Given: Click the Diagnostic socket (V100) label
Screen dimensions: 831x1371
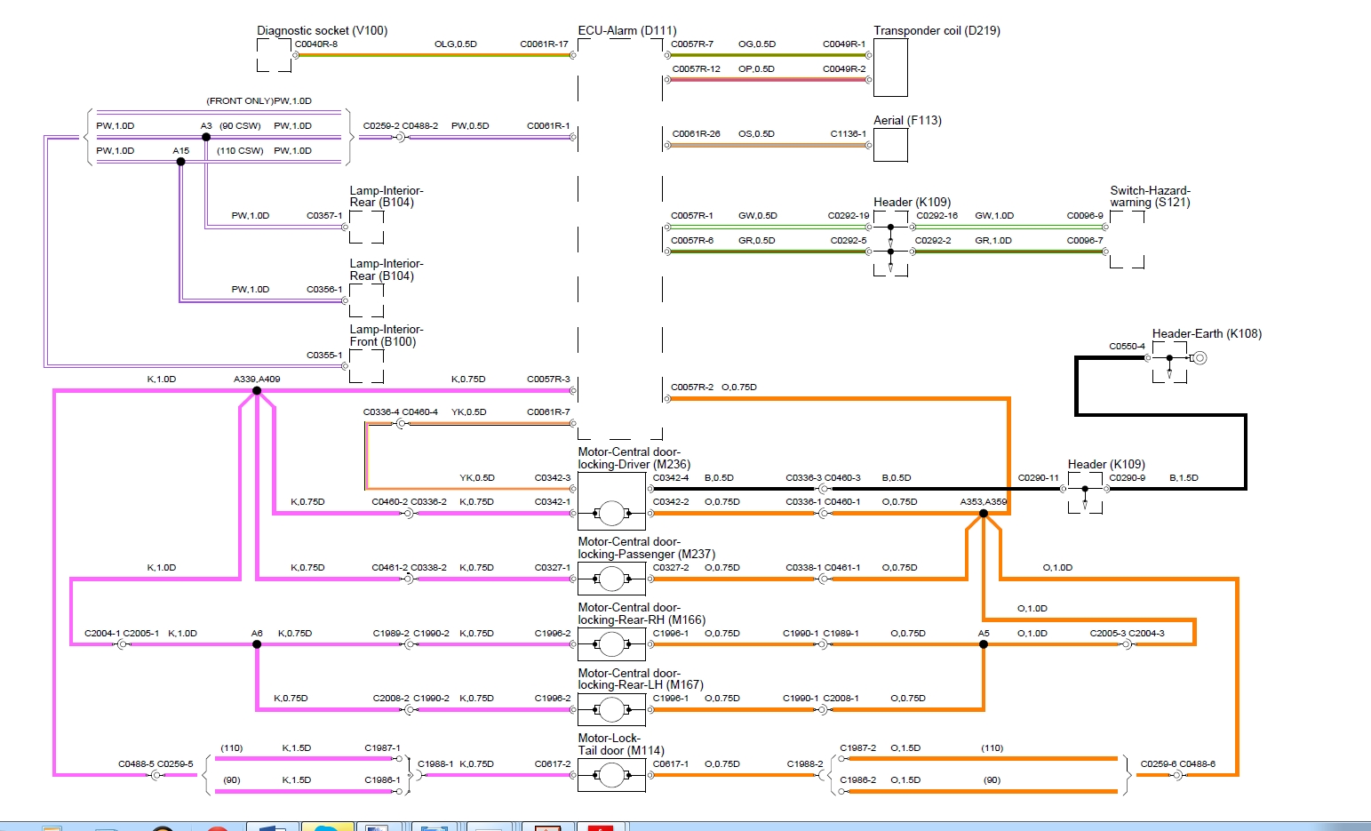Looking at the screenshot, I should pos(322,30).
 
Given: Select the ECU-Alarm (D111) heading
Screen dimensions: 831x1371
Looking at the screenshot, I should pos(626,30).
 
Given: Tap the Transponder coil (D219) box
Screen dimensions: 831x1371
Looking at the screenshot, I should pos(890,67).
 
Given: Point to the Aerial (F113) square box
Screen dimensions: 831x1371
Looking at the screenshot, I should pos(890,145).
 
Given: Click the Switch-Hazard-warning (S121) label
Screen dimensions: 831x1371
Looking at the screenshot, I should pos(1150,196).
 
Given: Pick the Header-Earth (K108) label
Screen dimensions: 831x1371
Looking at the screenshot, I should pos(1207,333).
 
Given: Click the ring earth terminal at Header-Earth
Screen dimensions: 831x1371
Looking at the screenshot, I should pos(1200,358).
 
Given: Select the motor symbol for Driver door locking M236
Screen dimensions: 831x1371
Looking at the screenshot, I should pos(611,513).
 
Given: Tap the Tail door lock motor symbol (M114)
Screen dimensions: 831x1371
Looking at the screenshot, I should pos(611,775).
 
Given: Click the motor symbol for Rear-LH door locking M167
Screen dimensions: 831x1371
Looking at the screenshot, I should pos(611,709).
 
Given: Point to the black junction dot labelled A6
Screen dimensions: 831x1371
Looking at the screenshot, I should pos(257,644).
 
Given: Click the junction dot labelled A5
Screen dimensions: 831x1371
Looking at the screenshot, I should pos(984,644).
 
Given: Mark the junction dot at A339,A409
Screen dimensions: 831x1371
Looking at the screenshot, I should pos(257,390).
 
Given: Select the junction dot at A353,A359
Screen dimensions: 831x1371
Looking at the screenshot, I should pos(984,513).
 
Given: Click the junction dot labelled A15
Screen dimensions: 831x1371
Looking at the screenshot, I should pos(181,162).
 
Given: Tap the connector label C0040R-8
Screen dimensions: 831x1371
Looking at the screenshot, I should pos(316,44).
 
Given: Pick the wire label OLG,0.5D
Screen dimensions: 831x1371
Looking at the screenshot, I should pos(455,44).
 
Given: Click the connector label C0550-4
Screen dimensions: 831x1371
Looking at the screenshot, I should pos(1127,346).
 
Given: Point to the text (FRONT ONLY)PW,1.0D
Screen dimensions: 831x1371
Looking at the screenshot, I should pos(259,100).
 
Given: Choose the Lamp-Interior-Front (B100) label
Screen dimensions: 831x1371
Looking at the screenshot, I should pos(386,335).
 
